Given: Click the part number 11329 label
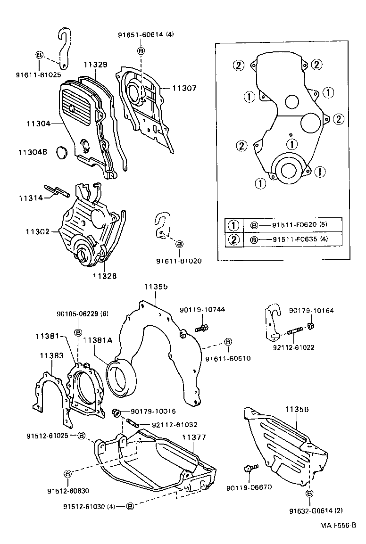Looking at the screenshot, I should click(x=96, y=65).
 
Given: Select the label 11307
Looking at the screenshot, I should click(x=183, y=88).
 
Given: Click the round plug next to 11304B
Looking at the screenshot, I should click(x=62, y=152).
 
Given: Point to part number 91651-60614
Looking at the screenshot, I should click(x=140, y=34).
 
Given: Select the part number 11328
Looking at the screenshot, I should click(x=105, y=276).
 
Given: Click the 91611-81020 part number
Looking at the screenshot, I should click(x=179, y=261).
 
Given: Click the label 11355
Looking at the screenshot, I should click(x=155, y=286).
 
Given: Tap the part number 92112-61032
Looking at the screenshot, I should click(x=175, y=424).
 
